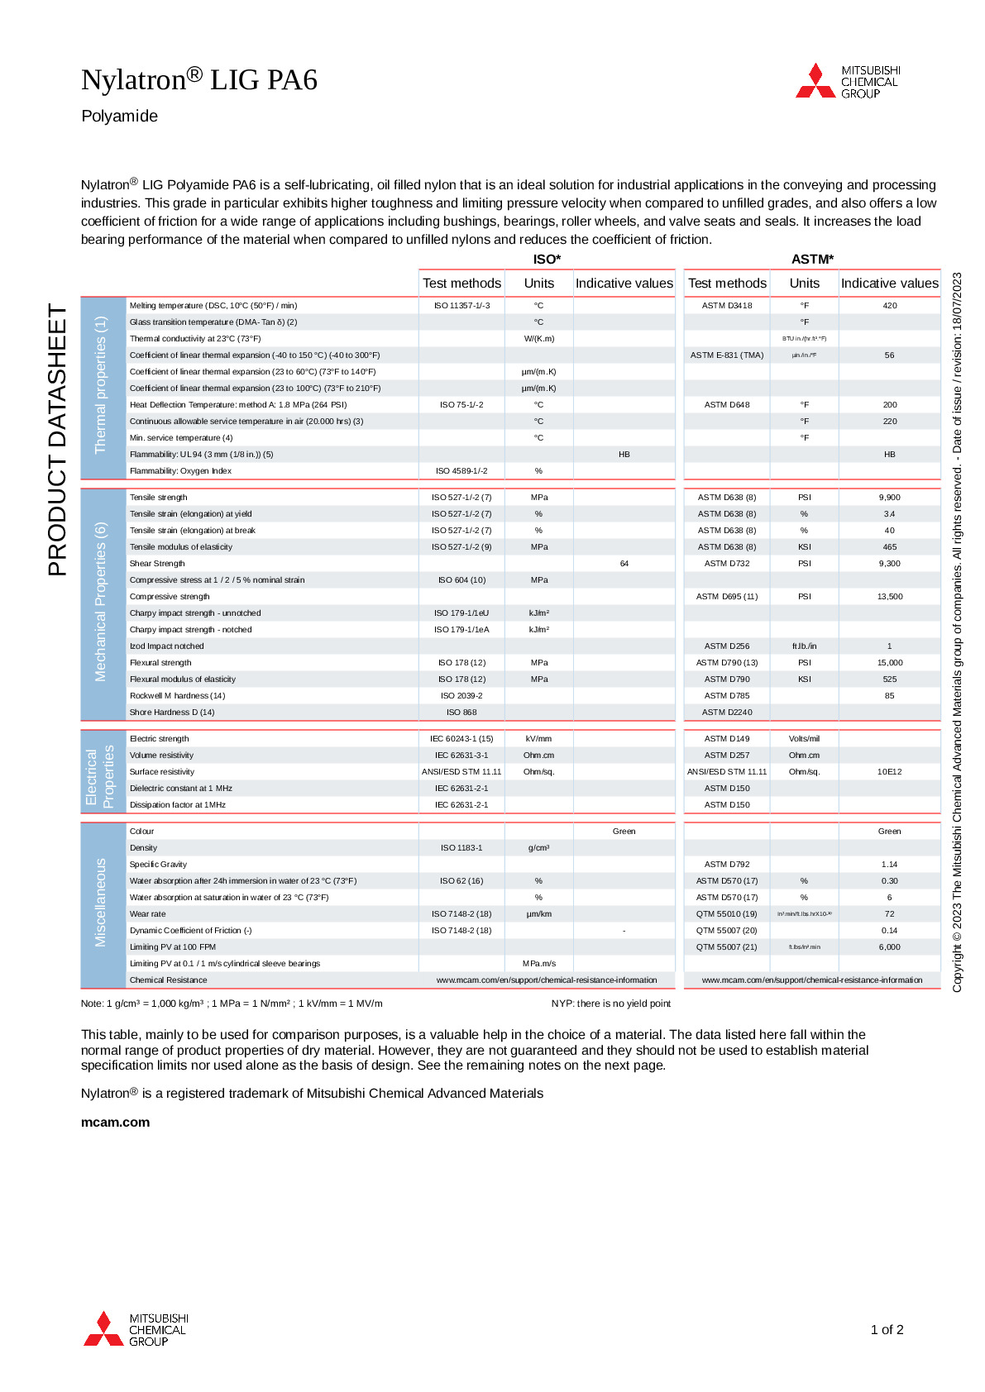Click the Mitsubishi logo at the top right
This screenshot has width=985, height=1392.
pos(848,82)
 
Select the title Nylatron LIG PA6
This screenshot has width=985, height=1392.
pos(199,80)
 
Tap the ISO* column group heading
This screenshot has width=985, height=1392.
pos(547,260)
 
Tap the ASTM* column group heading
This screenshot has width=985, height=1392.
pos(812,260)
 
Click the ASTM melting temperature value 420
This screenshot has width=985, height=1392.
pos(890,306)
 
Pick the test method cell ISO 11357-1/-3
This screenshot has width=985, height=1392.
pos(461,306)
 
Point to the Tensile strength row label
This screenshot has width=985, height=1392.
pos(159,498)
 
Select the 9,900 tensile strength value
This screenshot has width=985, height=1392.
pos(890,498)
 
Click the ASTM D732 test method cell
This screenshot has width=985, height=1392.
pos(727,564)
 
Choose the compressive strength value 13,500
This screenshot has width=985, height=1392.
pos(890,597)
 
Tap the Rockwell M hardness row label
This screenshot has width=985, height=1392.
pos(177,696)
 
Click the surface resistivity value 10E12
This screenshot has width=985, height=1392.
pos(890,772)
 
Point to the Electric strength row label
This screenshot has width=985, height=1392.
pos(160,739)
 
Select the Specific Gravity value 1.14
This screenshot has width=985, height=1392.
pos(890,865)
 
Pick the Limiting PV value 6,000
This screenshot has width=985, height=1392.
pos(890,947)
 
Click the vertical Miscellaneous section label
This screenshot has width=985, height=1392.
pos(101,903)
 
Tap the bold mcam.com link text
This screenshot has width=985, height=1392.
pos(116,1123)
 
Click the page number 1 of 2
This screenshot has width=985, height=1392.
pos(887,1330)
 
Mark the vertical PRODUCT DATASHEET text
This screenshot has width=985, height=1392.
pos(57,440)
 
